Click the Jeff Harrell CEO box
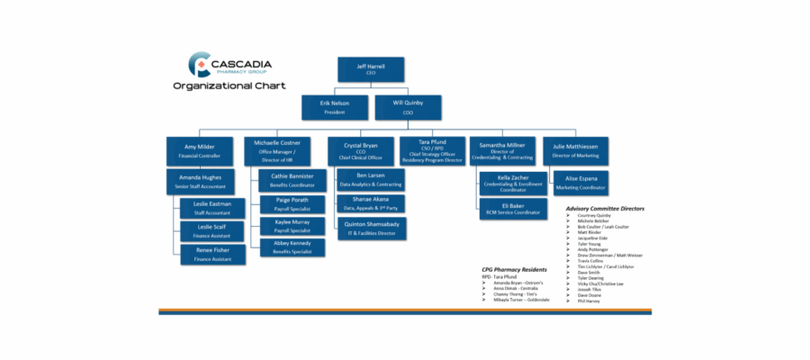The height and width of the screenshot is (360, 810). tap(370, 69)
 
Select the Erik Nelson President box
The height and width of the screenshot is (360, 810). tap(335, 107)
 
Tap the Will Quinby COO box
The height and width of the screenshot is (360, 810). tap(408, 107)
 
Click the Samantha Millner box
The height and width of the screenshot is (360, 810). tap(501, 149)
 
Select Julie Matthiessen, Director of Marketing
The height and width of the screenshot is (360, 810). tap(575, 149)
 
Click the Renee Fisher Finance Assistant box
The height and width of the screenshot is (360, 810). tap(212, 255)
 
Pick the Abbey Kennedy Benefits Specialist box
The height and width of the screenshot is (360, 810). tap(292, 247)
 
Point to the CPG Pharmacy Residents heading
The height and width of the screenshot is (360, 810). tap(514, 268)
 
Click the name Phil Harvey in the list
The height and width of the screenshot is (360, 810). tap(590, 301)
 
